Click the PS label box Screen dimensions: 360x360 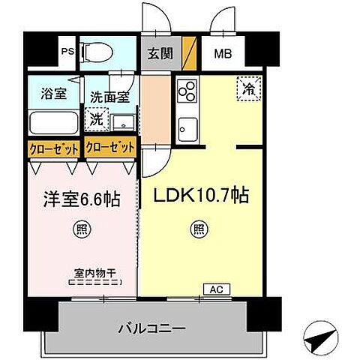[x=67, y=52]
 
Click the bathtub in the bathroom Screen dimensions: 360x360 [x=52, y=122]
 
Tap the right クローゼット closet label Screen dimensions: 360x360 [x=110, y=148]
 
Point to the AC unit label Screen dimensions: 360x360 [x=213, y=289]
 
